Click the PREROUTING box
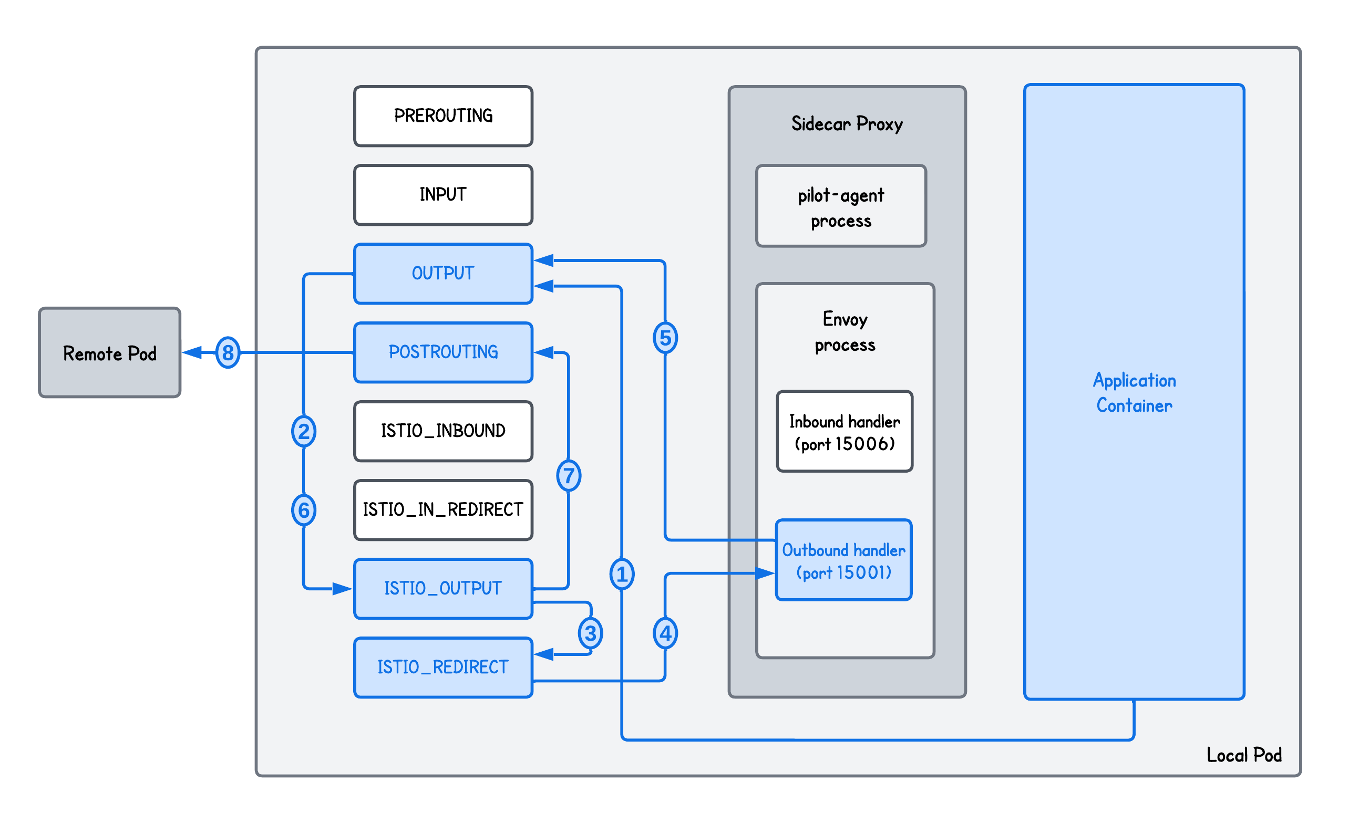[443, 116]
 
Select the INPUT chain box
[443, 195]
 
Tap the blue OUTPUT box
[443, 273]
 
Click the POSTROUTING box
[443, 352]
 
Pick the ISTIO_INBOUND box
[443, 431]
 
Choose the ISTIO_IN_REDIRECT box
[443, 509]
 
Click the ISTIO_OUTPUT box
[443, 588]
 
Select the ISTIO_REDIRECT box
[443, 667]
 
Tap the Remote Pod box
[109, 353]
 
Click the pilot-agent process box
[841, 206]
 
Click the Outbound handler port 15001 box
[843, 560]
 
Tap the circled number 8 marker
[228, 352]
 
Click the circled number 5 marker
[665, 338]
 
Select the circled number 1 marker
[622, 574]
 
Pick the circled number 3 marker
[590, 633]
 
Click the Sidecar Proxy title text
[847, 124]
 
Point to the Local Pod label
[1244, 755]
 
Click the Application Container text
[1135, 392]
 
